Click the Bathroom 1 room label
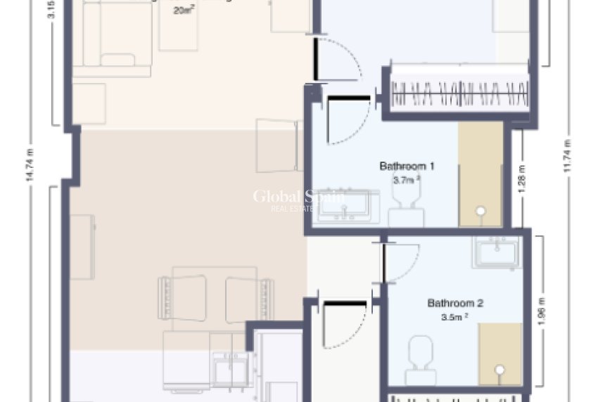[407, 167]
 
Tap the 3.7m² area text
[407, 180]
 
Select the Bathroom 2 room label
[455, 304]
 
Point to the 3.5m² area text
[454, 317]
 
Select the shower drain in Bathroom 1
[481, 210]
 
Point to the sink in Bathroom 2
[497, 252]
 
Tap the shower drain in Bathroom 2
[500, 368]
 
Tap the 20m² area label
[184, 11]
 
